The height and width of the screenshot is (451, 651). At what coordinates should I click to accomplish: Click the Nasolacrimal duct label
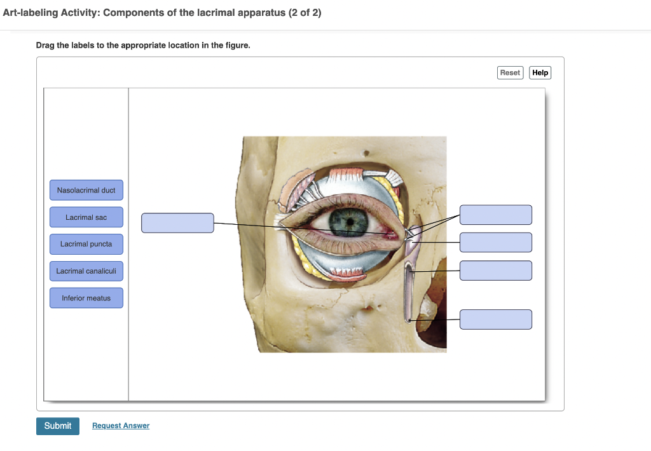86,191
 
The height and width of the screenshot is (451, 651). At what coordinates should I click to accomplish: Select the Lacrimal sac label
86,217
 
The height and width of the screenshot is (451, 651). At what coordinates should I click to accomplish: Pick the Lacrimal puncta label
86,244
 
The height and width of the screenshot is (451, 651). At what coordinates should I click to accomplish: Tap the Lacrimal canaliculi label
86,271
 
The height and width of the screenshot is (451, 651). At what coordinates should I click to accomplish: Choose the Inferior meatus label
86,298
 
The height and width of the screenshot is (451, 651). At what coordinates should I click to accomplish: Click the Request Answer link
121,426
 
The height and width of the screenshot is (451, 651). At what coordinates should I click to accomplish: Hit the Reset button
510,72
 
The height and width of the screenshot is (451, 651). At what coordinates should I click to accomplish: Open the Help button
540,72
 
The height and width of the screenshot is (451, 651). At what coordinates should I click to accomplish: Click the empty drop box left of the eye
177,223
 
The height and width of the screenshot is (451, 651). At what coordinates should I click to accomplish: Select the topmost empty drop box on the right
496,215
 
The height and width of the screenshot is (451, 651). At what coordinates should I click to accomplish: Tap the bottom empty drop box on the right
496,320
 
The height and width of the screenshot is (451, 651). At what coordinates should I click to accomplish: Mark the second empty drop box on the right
496,242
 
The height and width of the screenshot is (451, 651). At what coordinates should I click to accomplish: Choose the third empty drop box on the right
496,271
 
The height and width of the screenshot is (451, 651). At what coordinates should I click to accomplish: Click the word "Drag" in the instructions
45,45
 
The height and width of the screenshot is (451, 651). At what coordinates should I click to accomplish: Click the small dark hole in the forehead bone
366,152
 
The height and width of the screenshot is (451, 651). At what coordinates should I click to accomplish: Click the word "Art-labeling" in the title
31,13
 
